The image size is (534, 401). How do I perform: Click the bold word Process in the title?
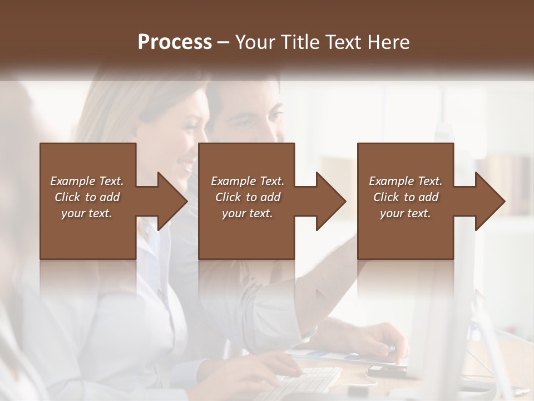(x=175, y=42)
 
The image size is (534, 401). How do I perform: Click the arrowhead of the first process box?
(x=172, y=201)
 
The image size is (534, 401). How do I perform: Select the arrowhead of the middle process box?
(x=331, y=201)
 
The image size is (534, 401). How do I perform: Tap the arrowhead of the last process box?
(x=490, y=201)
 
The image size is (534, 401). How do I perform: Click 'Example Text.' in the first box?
(x=87, y=181)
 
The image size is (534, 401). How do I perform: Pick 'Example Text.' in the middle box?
(x=247, y=181)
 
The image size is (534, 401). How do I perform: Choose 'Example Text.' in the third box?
(x=406, y=181)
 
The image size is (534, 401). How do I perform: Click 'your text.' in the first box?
(x=87, y=213)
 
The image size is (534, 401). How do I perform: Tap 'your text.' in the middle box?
(x=247, y=213)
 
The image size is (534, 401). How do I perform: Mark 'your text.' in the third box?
(x=406, y=213)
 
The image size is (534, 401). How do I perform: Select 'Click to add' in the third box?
(x=406, y=197)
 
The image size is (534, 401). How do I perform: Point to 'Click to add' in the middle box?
(x=247, y=197)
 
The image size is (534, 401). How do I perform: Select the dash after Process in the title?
(x=223, y=42)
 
